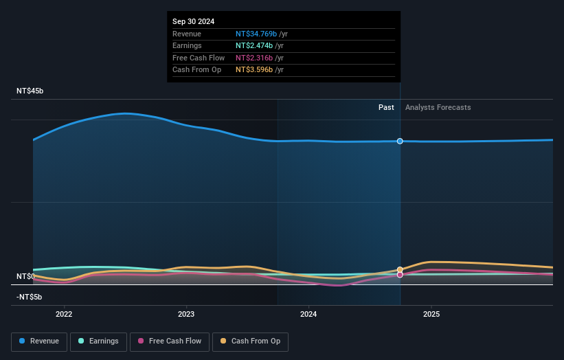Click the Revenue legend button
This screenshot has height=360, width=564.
39,341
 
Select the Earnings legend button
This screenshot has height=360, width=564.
98,341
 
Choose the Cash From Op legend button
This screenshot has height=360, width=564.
250,341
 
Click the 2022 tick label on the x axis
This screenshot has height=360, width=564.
64,315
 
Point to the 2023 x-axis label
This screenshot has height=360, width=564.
186,315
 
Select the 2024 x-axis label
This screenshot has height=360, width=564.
308,315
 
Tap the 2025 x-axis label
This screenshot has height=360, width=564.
431,315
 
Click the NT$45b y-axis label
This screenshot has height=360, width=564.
30,91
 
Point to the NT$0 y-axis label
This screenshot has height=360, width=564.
25,276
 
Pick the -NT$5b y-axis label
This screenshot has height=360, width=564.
30,297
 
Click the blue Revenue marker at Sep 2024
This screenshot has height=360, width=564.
400,141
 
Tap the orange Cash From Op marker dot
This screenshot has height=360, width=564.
400,270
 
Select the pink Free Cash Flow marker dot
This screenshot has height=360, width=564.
400,275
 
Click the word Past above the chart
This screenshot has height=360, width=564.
386,107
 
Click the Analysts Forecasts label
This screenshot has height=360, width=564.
438,107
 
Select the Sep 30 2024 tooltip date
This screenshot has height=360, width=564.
193,21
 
